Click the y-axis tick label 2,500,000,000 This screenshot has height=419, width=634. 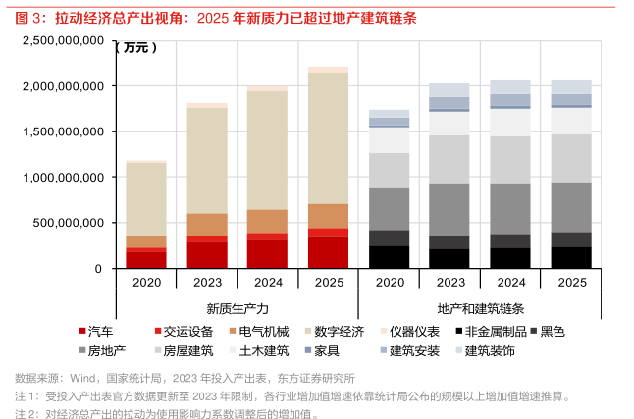pos(62,41)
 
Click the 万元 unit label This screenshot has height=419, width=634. pos(134,47)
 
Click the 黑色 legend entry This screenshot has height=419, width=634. pos(552,332)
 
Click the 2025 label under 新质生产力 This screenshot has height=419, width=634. pos(328,281)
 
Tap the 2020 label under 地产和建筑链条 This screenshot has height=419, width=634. pos(389,281)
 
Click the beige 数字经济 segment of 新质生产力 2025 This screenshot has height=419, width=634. pos(328,137)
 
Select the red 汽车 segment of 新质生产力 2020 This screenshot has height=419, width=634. pos(145,260)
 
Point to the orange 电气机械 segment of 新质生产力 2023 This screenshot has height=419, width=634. pos(206,225)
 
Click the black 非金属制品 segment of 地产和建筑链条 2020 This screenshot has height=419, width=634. pos(389,257)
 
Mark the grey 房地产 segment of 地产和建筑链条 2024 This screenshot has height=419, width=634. pos(510,209)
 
